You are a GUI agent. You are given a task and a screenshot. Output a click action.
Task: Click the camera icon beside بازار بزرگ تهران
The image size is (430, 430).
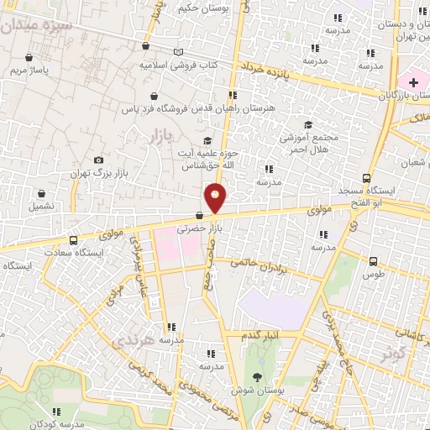[x=99, y=160]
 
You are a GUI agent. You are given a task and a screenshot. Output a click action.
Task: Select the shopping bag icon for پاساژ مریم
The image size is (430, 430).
[x=30, y=58]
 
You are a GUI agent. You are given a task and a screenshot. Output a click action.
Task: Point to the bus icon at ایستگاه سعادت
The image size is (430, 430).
[x=74, y=239]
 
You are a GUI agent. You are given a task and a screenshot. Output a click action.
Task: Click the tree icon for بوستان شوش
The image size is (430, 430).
[x=256, y=376]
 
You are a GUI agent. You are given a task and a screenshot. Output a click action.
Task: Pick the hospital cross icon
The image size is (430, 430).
[x=413, y=81]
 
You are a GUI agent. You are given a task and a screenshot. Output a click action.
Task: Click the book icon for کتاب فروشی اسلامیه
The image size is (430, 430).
[x=177, y=52]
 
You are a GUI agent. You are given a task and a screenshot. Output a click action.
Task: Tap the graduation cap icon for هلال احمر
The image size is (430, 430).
[x=307, y=125]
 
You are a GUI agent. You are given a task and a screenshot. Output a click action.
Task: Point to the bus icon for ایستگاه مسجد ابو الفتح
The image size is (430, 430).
[x=366, y=178]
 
